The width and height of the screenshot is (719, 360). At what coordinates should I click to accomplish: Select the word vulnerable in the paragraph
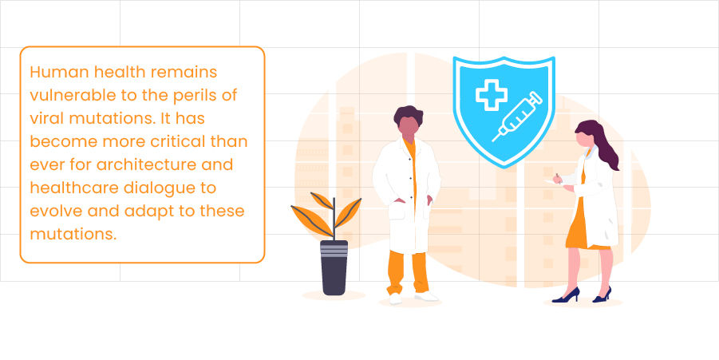tap(72, 96)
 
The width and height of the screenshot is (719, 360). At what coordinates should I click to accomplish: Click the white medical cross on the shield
tap(491, 95)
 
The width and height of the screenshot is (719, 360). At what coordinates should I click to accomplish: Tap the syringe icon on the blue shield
tap(517, 117)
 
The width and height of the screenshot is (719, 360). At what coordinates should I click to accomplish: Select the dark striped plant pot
tap(334, 267)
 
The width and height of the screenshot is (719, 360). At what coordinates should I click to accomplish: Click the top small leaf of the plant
tap(321, 200)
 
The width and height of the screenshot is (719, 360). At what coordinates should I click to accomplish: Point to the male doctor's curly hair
tap(408, 115)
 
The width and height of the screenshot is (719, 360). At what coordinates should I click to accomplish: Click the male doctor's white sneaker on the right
tap(427, 297)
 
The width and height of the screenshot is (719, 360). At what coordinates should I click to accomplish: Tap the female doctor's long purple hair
tap(602, 142)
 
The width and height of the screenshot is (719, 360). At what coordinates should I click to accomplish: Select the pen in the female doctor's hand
tap(559, 178)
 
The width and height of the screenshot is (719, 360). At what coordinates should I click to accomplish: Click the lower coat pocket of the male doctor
tap(396, 211)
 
